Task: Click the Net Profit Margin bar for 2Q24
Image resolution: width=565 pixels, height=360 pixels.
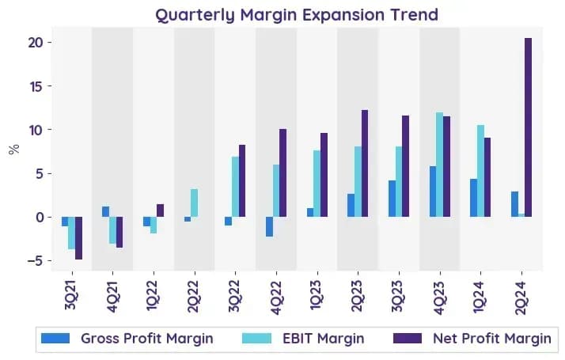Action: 528,127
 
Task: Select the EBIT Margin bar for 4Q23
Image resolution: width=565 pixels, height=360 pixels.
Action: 440,165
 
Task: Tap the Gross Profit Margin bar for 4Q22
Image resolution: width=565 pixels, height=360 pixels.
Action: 269,226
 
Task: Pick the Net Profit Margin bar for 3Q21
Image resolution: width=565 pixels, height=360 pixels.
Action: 78,238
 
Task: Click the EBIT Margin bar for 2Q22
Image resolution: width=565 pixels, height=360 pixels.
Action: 194,203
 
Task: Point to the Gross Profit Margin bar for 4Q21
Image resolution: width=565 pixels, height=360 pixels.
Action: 105,211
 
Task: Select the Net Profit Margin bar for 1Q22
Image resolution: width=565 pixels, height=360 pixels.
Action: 161,210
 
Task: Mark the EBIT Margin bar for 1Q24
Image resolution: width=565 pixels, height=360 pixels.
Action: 480,171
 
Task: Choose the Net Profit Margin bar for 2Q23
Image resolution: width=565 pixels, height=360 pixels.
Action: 365,163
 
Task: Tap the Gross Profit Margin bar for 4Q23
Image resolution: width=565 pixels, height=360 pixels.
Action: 433,191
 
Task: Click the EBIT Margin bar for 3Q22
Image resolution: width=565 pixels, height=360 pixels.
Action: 235,187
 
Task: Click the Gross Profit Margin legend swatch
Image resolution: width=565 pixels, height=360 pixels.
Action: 55,339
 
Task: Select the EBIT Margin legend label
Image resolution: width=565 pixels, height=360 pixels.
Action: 323,339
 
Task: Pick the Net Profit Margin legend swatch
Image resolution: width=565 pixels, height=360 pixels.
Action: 408,339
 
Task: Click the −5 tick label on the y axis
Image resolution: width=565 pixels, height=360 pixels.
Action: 35,260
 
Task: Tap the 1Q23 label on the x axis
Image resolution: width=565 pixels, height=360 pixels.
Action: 316,295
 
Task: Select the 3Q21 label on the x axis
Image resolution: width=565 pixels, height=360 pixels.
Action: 72,295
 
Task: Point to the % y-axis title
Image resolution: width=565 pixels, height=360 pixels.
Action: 14,149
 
